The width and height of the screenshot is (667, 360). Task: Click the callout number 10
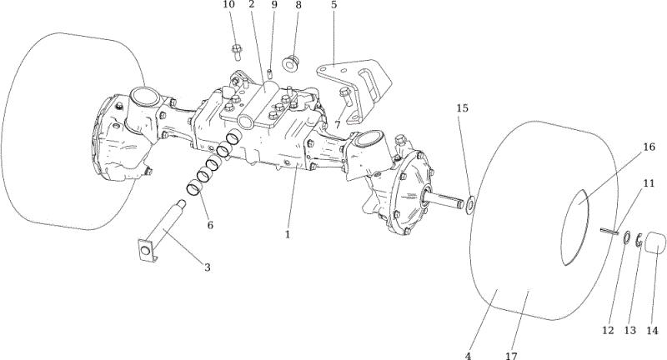[x=228, y=5]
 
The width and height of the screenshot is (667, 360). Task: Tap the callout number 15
[x=463, y=108]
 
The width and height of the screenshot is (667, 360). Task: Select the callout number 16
[x=649, y=147]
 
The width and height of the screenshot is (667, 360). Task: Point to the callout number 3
[x=207, y=267]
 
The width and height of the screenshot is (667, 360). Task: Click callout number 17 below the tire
[x=511, y=355]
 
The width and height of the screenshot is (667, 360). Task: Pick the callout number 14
[x=652, y=330]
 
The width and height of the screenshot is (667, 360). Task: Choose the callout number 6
[x=210, y=225]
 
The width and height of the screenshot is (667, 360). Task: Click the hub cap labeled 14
[x=655, y=243]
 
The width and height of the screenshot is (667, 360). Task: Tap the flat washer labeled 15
[x=470, y=205]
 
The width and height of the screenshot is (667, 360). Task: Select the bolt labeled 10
[x=237, y=52]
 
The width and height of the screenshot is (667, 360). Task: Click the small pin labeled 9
[x=269, y=72]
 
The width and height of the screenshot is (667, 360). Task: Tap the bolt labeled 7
[x=346, y=97]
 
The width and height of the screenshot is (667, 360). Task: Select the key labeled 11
[x=609, y=231]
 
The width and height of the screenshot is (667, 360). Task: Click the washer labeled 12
[x=627, y=238]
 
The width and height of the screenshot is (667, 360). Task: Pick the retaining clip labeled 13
[x=639, y=240]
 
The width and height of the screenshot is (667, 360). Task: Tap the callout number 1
[x=288, y=234]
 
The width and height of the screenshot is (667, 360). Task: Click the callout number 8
[x=298, y=5]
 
